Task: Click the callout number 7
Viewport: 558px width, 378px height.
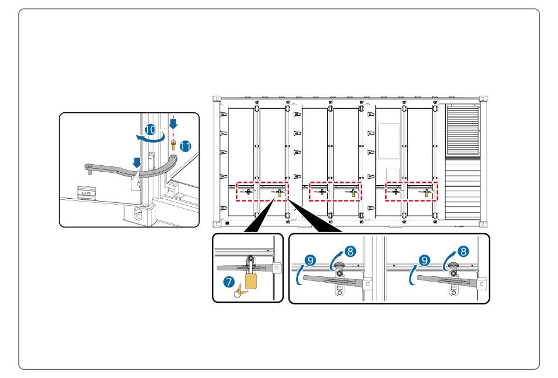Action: [229, 282]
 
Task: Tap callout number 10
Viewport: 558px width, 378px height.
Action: [150, 130]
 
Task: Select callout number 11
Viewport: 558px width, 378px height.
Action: [186, 146]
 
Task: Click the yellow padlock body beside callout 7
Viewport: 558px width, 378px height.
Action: [251, 281]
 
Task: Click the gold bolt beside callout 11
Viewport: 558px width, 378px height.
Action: [173, 145]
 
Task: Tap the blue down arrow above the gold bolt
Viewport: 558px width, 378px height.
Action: [173, 123]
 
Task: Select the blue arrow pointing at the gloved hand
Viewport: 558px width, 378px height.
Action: [137, 163]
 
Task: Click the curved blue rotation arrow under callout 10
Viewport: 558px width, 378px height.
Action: [151, 138]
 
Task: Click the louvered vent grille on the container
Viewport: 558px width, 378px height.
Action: [462, 129]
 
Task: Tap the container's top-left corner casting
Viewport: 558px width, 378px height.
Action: [217, 99]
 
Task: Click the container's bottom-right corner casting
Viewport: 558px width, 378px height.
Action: [483, 224]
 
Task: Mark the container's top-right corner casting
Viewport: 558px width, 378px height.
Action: [483, 99]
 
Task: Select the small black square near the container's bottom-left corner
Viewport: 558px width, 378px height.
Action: [227, 223]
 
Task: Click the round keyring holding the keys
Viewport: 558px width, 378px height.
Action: [237, 293]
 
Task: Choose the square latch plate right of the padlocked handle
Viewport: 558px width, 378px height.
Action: [276, 268]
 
